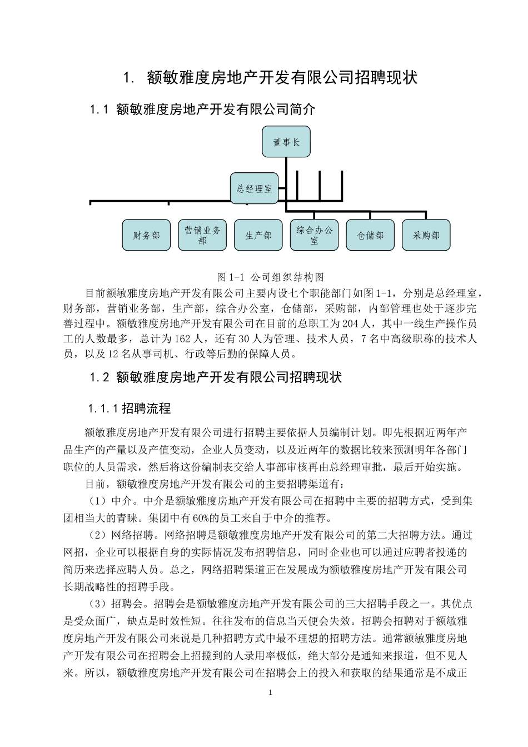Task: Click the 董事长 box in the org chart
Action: click(286, 142)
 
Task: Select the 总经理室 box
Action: click(254, 188)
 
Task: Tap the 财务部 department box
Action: click(146, 235)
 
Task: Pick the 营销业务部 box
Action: click(202, 235)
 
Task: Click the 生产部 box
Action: click(258, 235)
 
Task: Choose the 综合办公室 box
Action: click(314, 235)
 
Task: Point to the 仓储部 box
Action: click(370, 235)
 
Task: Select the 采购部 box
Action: click(426, 235)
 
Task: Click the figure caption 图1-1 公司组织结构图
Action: click(270, 277)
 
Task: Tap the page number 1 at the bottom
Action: click(270, 693)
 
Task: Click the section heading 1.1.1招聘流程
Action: click(129, 409)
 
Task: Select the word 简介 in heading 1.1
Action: click(302, 109)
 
